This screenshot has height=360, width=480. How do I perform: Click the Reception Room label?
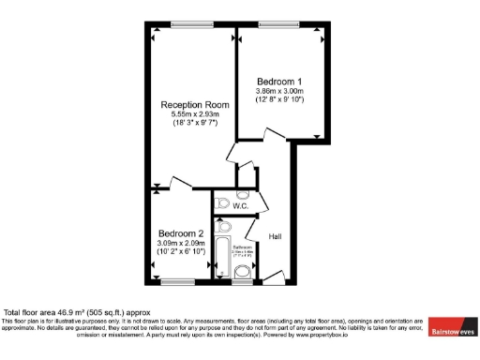[x=194, y=104]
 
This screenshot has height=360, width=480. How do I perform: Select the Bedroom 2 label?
[x=181, y=233]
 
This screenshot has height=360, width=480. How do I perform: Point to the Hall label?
[x=276, y=236]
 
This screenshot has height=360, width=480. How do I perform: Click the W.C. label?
[x=227, y=206]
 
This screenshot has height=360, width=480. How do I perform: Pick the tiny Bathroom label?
[x=242, y=247]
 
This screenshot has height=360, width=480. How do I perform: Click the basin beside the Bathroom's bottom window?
[x=242, y=272]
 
